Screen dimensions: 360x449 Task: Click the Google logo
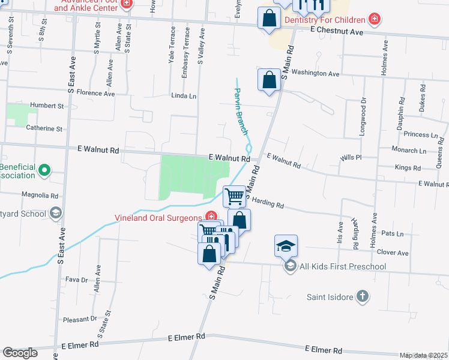click(x=20, y=353)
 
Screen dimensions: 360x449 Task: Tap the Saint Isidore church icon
click(x=362, y=296)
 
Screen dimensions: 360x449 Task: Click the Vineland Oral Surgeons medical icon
click(x=211, y=217)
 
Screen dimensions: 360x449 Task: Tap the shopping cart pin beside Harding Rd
click(x=234, y=196)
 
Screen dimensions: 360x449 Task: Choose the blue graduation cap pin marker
click(x=286, y=245)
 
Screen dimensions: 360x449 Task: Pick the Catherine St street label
click(x=44, y=128)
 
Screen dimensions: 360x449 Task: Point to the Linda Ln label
click(x=184, y=96)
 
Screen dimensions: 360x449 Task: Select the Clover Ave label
click(x=394, y=253)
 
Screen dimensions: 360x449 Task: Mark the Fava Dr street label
click(x=76, y=280)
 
